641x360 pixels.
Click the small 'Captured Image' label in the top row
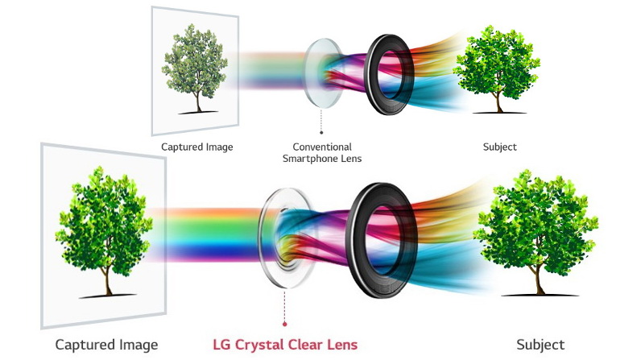coord(196,147)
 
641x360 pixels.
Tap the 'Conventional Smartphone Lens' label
coord(322,153)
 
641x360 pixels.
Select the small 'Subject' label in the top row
coord(499,147)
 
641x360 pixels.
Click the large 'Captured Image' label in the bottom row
coord(106,345)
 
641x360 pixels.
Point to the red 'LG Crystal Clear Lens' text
coord(284,345)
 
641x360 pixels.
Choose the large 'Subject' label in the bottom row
coord(540,345)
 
